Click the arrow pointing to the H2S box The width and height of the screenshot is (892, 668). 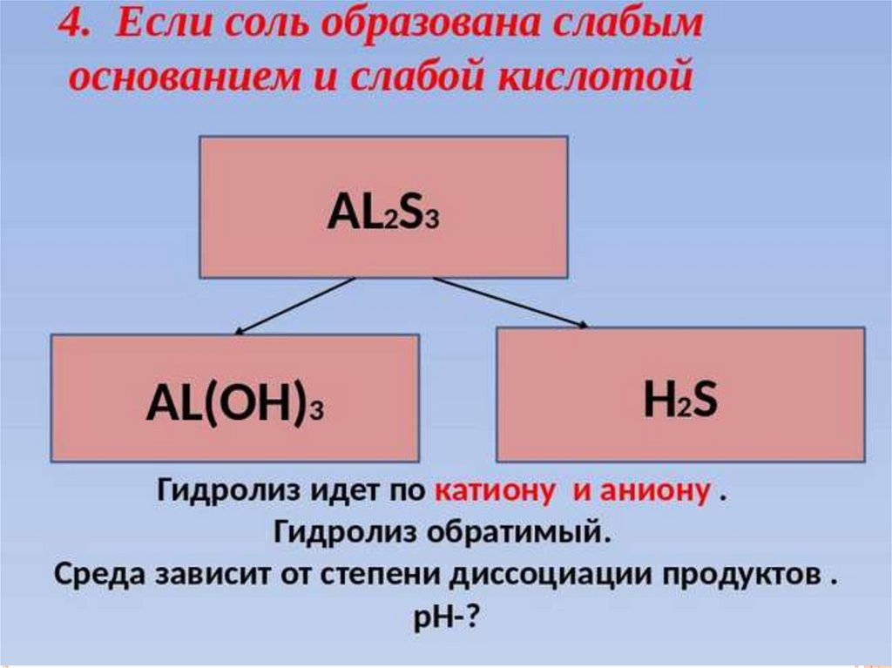pyautogui.click(x=510, y=303)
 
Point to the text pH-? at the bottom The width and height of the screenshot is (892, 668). pyautogui.click(x=444, y=617)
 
